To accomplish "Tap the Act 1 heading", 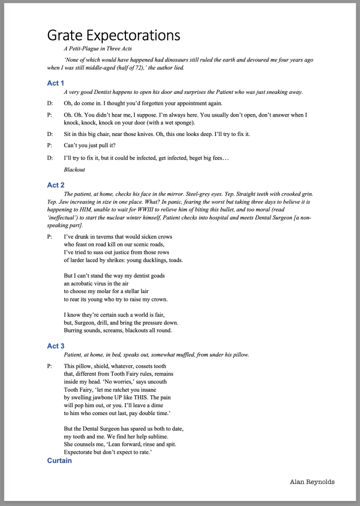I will click(56, 83).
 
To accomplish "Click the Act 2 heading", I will click(56, 185).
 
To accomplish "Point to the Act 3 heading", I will click(56, 346).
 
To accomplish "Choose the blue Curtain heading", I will click(59, 461).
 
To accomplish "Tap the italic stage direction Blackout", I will click(75, 169).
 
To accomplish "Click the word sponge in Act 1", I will click(183, 123).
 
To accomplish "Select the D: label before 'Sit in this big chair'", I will click(50, 134).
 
